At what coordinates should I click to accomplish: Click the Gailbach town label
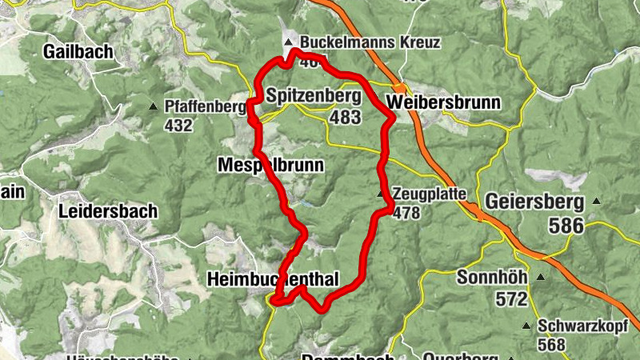coord(78,52)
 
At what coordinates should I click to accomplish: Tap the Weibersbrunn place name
coord(442,102)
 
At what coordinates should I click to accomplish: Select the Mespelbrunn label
coord(270,166)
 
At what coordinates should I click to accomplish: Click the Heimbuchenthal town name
coord(273,278)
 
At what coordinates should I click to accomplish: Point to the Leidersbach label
coord(108,212)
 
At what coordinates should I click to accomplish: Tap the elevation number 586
coord(566,226)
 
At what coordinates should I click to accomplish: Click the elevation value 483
coord(346,118)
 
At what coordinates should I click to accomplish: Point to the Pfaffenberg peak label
coord(204,106)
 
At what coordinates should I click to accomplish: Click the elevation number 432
coord(178,126)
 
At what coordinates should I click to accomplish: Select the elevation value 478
coord(406,213)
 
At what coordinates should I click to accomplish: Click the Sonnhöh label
coord(493,278)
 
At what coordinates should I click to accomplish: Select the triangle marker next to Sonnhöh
coord(541,278)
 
